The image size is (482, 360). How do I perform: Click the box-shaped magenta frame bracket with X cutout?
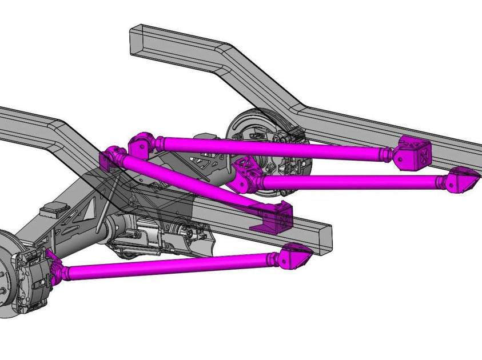pyautogui.click(x=416, y=153)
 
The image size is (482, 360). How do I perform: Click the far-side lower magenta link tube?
pyautogui.click(x=349, y=182)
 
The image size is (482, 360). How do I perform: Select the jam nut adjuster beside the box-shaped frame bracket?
pyautogui.click(x=388, y=153)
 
